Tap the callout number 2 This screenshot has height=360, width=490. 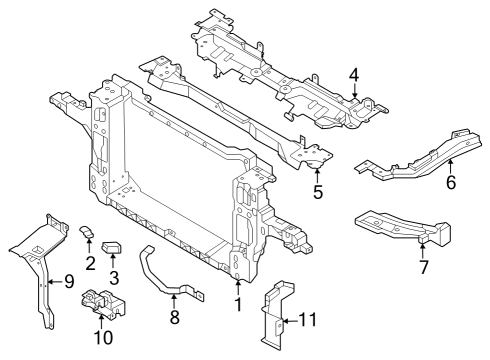click(x=89, y=263)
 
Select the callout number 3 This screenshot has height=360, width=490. click(x=114, y=275)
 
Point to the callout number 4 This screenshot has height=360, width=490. click(x=354, y=75)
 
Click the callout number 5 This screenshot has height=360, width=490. click(x=317, y=190)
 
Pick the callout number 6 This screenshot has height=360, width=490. click(x=450, y=182)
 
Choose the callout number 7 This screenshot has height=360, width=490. click(x=423, y=267)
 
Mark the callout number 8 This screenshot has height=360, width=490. click(x=175, y=320)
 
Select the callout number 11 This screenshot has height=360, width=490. click(x=308, y=321)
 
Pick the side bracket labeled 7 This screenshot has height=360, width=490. click(x=400, y=228)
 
